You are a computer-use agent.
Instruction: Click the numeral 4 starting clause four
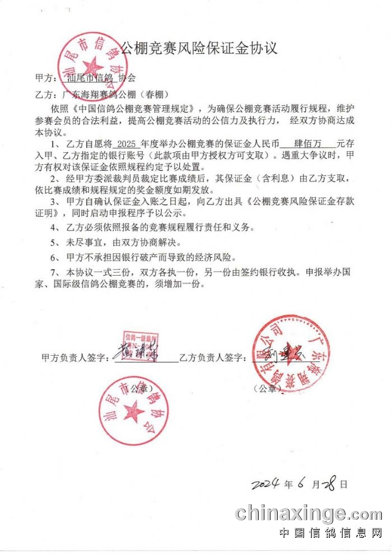55,228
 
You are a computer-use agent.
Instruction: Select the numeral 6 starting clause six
55,258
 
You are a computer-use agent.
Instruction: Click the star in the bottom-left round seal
133,413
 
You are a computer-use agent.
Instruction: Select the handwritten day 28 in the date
330,483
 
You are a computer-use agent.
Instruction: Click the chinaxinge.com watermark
308,513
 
